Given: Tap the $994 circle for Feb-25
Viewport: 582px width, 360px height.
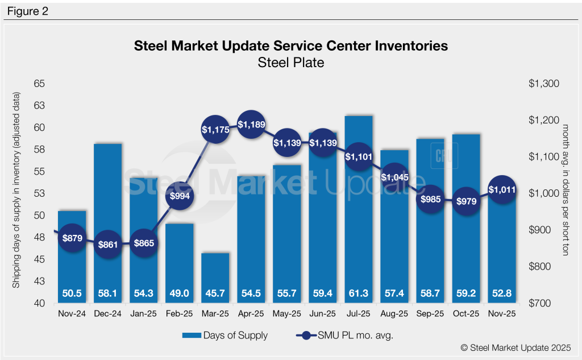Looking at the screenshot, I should coord(180,196).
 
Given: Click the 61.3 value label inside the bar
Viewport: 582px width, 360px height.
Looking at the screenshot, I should coord(358,293).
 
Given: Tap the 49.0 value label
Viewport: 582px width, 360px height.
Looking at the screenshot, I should coord(180,293).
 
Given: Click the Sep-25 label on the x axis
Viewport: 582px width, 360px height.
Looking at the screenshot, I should coord(430,313).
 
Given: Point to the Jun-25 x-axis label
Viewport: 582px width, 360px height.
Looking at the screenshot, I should coord(322,313).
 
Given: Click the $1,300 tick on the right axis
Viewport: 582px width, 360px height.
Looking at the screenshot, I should coord(544,84).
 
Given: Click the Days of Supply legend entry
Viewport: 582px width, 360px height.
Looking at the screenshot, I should coord(234,336).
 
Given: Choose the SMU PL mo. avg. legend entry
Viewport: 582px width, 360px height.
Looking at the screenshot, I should coord(344,336).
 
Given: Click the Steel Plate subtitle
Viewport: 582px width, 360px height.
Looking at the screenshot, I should coord(290,63).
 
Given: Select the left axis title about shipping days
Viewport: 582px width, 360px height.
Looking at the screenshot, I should coord(17,193).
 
